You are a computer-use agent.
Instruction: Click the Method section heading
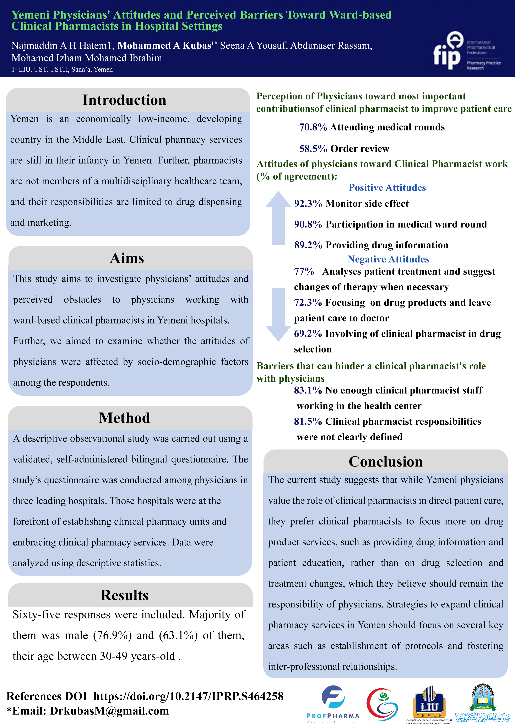tap(124, 418)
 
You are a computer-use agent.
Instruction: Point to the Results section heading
tap(124, 595)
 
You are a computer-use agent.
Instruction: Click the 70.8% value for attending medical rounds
tap(313, 127)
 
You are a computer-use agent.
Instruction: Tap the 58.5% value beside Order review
tap(313, 149)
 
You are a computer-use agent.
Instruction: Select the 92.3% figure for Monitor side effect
tap(308, 204)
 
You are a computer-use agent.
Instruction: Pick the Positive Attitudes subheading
tap(387, 188)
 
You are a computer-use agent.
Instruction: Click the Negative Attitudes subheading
tap(388, 259)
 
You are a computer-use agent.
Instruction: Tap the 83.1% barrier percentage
tap(308, 390)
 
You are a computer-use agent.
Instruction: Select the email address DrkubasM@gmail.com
tap(109, 711)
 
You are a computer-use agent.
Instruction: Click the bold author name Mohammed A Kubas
tap(164, 46)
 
